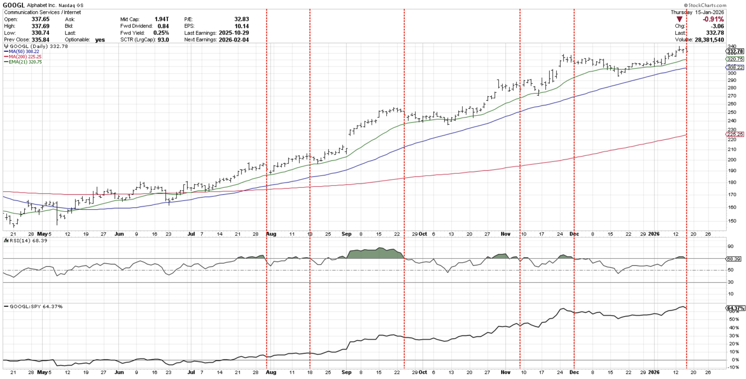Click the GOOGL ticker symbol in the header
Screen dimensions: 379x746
point(14,5)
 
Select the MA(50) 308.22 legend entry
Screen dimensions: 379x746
point(24,51)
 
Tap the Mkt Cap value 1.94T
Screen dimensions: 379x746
point(162,19)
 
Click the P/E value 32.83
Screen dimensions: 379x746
point(242,19)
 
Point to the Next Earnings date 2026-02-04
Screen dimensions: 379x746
point(234,40)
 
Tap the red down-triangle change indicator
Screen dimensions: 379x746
point(680,19)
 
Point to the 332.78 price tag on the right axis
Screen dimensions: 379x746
point(735,51)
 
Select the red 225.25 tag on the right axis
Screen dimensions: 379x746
point(735,134)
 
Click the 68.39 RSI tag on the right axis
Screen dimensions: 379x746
point(734,258)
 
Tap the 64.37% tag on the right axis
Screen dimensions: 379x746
point(735,308)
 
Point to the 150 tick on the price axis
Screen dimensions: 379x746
point(732,221)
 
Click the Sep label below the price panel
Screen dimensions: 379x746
point(346,234)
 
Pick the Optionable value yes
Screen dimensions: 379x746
point(100,40)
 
